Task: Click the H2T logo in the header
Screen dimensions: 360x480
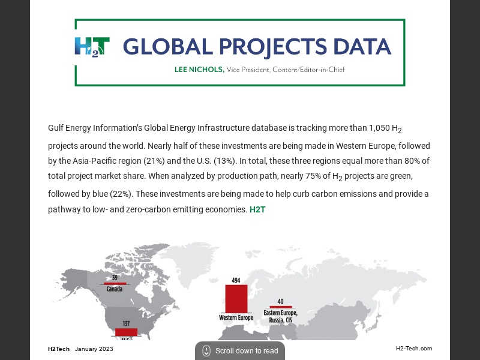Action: pyautogui.click(x=92, y=47)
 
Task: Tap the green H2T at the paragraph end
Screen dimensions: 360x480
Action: pyautogui.click(x=257, y=210)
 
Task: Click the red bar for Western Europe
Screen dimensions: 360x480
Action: pyautogui.click(x=236, y=298)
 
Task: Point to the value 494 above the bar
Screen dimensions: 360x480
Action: pyautogui.click(x=236, y=280)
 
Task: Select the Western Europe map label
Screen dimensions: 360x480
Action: pyautogui.click(x=236, y=317)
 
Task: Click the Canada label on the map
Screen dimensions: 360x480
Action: pyautogui.click(x=115, y=289)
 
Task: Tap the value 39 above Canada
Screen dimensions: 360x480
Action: pyautogui.click(x=115, y=278)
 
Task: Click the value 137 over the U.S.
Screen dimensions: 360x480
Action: pyautogui.click(x=126, y=324)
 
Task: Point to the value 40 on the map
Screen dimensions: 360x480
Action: pyautogui.click(x=280, y=301)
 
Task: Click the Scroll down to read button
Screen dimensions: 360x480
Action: pyautogui.click(x=240, y=351)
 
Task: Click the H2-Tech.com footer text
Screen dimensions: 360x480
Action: pyautogui.click(x=413, y=349)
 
